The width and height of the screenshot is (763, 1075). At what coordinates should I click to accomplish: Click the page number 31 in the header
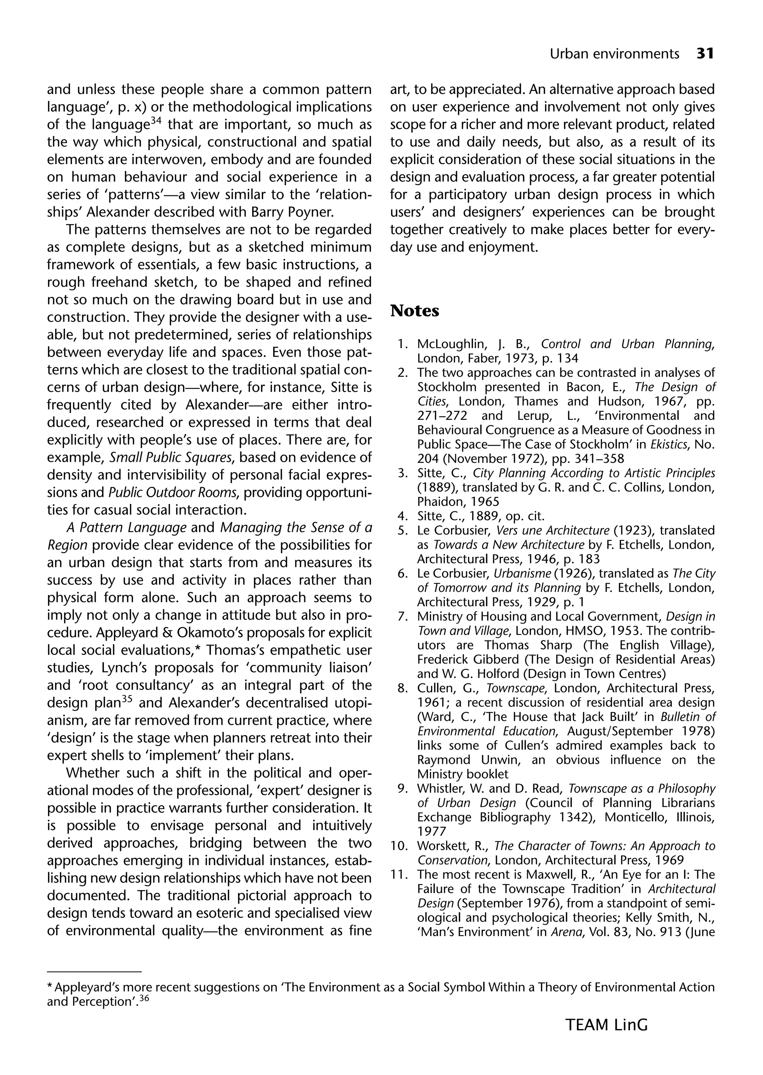coord(705,54)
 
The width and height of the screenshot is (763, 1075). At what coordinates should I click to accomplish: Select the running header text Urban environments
coord(614,54)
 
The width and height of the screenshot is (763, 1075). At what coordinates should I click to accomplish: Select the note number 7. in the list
coord(403,616)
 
